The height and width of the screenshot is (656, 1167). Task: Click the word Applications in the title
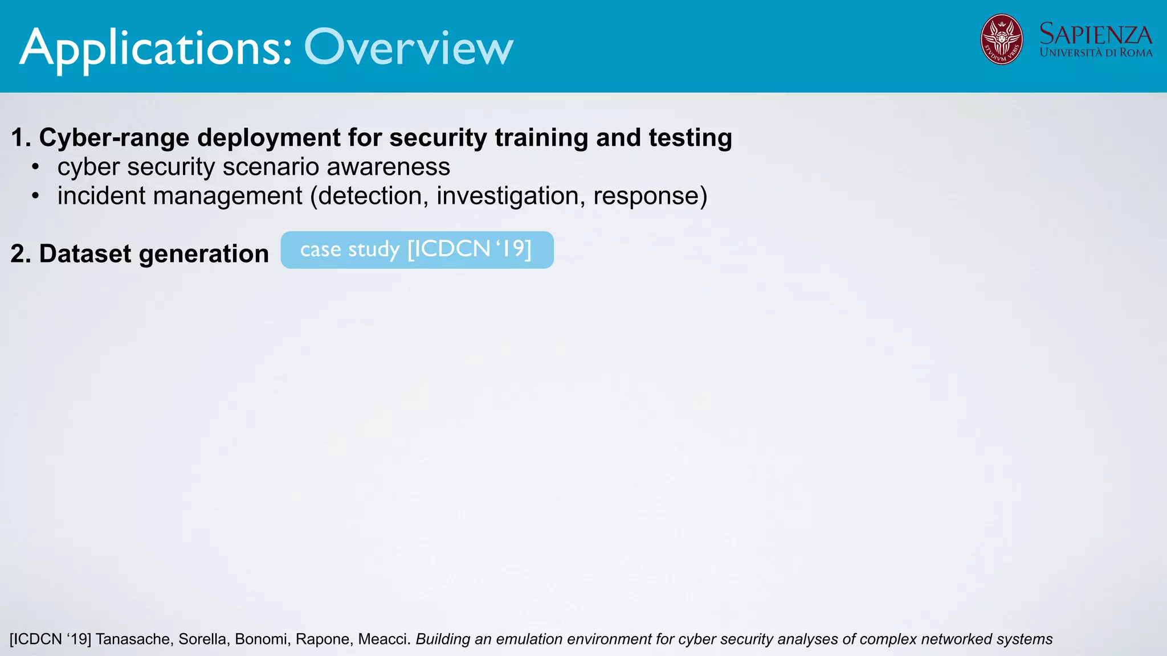coord(156,49)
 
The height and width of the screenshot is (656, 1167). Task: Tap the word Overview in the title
coord(409,48)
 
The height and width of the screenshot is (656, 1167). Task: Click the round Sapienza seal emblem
coord(1001,39)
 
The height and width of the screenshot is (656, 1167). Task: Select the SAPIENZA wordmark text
coord(1095,34)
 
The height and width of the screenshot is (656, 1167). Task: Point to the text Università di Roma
coord(1095,53)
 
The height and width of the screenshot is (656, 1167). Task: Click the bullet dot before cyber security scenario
coord(36,167)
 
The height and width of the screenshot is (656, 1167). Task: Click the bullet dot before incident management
coord(36,196)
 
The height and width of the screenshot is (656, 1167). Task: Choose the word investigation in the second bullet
coord(511,196)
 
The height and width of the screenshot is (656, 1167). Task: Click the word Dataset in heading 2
coord(85,253)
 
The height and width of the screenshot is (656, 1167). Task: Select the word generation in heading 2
coord(203,253)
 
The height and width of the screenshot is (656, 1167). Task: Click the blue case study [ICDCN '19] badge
coord(417,249)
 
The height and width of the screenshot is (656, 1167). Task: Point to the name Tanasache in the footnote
coord(133,639)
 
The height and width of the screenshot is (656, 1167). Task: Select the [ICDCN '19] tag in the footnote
coord(50,639)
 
